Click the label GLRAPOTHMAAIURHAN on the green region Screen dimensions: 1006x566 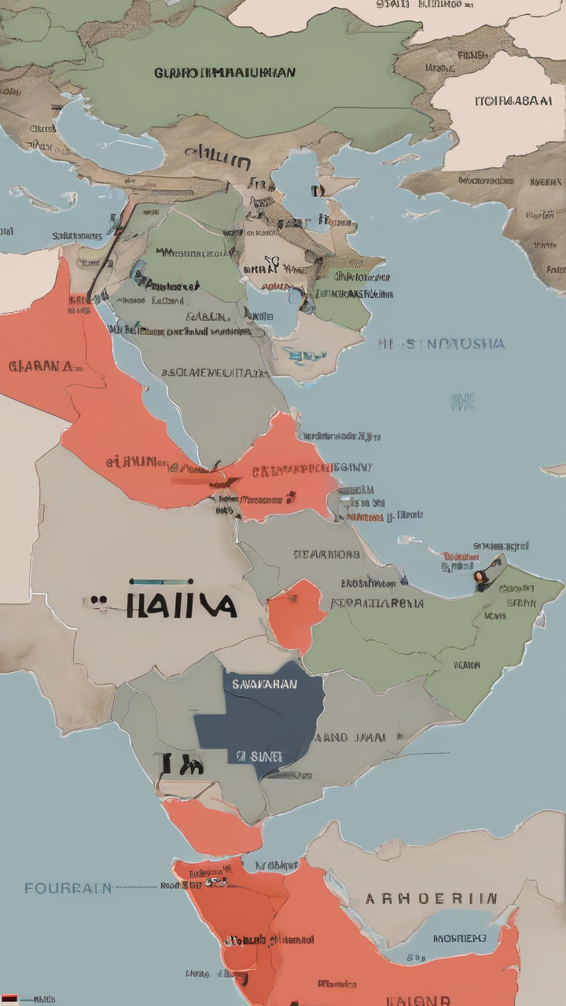pos(225,73)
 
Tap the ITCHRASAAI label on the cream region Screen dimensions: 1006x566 pos(513,101)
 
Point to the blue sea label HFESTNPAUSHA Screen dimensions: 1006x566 pos(441,344)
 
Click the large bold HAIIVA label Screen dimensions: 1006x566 pos(178,604)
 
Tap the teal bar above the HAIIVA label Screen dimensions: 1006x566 pos(161,582)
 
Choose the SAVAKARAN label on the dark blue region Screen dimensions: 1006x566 pos(264,684)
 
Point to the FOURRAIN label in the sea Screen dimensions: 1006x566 pos(68,888)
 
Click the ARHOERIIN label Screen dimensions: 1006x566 pos(431,898)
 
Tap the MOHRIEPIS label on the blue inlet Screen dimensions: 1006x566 pos(460,938)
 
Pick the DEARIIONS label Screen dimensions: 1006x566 pos(326,554)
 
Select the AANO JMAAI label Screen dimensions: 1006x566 pos(350,738)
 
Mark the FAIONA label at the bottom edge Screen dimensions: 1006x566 pos(418,1000)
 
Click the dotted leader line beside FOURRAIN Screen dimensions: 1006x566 pos(135,887)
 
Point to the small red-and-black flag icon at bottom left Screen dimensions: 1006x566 pos(10,999)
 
